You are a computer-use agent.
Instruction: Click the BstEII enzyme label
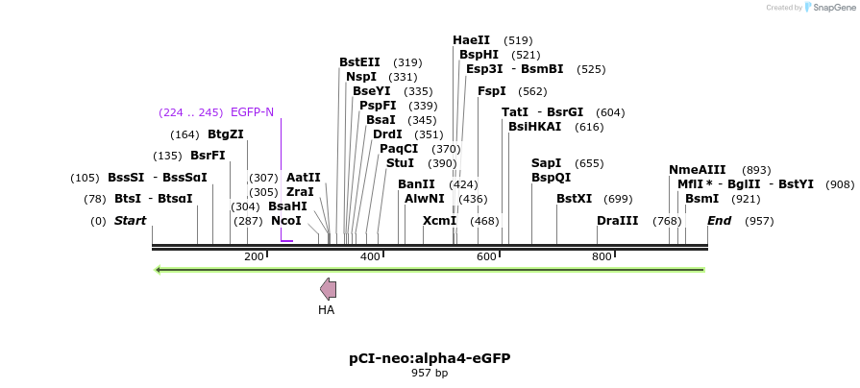(359, 62)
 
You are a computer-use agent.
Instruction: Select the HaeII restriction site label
(471, 40)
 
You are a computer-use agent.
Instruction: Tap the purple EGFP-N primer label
(252, 112)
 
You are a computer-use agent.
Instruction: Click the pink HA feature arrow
(328, 289)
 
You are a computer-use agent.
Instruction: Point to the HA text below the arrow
(327, 310)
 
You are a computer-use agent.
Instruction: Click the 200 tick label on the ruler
(254, 256)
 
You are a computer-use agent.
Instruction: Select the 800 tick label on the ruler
(602, 256)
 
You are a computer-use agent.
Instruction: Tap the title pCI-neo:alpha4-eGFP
(430, 358)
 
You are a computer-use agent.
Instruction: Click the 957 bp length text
(430, 374)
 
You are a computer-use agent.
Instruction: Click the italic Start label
(130, 221)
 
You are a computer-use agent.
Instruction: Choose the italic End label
(720, 221)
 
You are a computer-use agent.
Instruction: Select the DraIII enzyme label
(617, 221)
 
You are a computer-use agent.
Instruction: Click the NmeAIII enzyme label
(697, 170)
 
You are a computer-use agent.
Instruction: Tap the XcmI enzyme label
(439, 221)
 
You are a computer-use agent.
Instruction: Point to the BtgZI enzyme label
(226, 134)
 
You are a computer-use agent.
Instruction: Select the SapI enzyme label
(547, 163)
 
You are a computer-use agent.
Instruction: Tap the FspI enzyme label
(492, 91)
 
